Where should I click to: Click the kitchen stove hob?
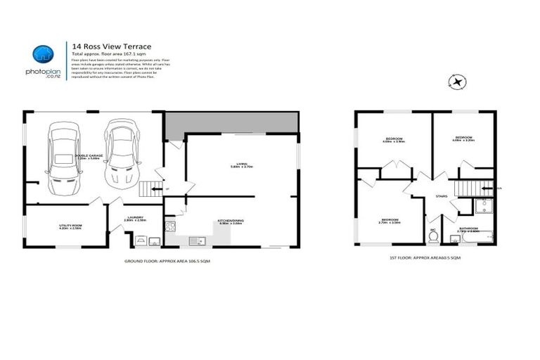[x=169, y=226]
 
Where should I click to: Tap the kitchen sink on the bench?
[x=200, y=241]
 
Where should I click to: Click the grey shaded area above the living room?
[x=232, y=122]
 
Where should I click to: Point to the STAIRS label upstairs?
[x=442, y=196]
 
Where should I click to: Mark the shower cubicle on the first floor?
[x=483, y=207]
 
